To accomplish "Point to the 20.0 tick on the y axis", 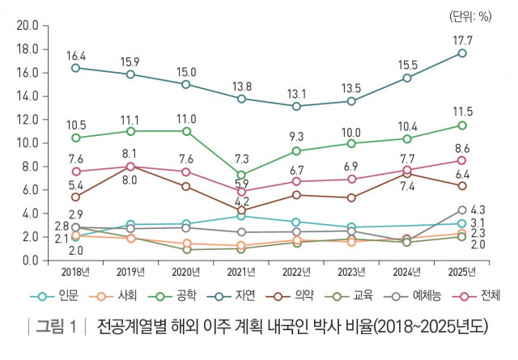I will point(28,25).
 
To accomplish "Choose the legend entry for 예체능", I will point(413,296).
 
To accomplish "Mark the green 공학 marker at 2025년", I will point(462,125).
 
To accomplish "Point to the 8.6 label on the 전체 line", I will point(461,148).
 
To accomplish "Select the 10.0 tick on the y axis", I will point(28,142).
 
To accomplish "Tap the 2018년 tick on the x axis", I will point(75,271).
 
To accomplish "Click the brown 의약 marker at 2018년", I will point(75,197).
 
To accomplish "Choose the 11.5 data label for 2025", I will point(461,111).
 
